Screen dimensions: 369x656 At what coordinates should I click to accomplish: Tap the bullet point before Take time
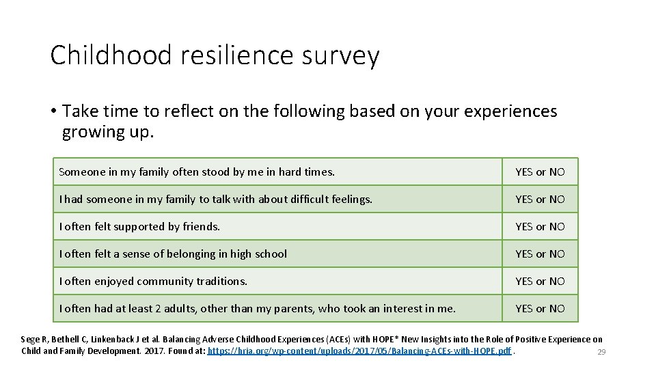click(x=53, y=111)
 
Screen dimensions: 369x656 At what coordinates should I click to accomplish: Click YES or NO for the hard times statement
click(x=540, y=172)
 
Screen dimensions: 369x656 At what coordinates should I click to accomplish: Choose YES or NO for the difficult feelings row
click(x=540, y=200)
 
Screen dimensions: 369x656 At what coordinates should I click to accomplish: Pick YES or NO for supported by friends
click(x=540, y=227)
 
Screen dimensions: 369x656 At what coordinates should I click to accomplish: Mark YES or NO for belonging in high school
click(x=540, y=254)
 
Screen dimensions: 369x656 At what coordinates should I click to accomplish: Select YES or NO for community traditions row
click(x=540, y=282)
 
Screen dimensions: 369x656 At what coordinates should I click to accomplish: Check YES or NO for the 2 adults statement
click(x=540, y=309)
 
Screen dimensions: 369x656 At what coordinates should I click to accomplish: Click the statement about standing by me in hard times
click(x=197, y=172)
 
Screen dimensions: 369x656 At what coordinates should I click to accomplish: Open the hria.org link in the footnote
click(x=359, y=351)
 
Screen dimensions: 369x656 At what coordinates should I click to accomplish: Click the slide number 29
click(x=601, y=352)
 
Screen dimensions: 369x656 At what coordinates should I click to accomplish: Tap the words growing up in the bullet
click(x=108, y=132)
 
